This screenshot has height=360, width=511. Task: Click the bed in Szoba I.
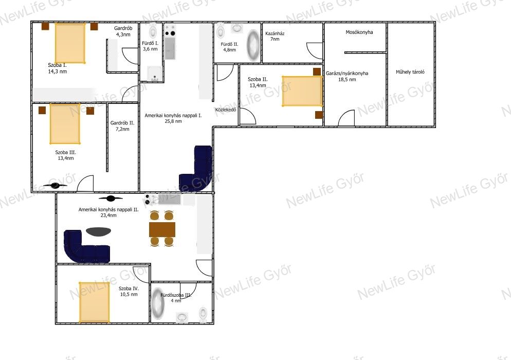click(x=70, y=43)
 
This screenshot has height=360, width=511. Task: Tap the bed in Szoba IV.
click(x=94, y=302)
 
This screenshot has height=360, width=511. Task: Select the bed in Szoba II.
click(x=302, y=91)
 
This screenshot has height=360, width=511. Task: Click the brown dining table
click(x=162, y=229)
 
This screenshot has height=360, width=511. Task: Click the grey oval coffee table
click(x=98, y=231)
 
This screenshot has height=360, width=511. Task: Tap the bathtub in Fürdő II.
click(x=253, y=45)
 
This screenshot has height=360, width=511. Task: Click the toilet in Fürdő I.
click(x=153, y=31)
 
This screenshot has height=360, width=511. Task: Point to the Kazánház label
click(x=275, y=33)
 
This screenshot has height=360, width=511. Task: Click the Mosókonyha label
click(x=359, y=32)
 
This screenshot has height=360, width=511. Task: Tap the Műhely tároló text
click(x=410, y=72)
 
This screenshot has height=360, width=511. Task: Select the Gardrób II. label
click(x=122, y=123)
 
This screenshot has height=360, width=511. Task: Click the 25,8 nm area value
click(x=173, y=121)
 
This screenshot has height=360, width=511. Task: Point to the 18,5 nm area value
click(x=347, y=79)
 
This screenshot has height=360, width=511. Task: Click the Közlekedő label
click(x=226, y=110)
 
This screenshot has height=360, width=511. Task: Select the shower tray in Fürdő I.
click(x=154, y=74)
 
